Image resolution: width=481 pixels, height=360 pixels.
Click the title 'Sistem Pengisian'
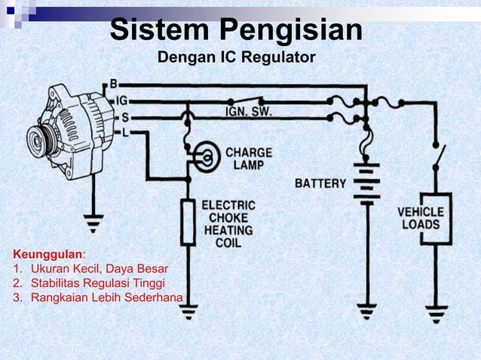pos(236,31)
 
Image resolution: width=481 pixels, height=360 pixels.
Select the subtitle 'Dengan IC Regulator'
pos(236,58)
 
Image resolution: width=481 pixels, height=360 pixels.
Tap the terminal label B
pos(114,83)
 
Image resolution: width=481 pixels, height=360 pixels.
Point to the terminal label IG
pos(118,100)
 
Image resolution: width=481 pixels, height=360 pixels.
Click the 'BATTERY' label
pos(320,183)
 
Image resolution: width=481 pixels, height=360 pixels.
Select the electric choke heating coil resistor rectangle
pos(188,222)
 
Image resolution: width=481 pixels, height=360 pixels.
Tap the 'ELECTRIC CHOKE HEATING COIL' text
pos(228,224)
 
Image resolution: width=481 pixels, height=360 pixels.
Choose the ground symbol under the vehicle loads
pos(436,310)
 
